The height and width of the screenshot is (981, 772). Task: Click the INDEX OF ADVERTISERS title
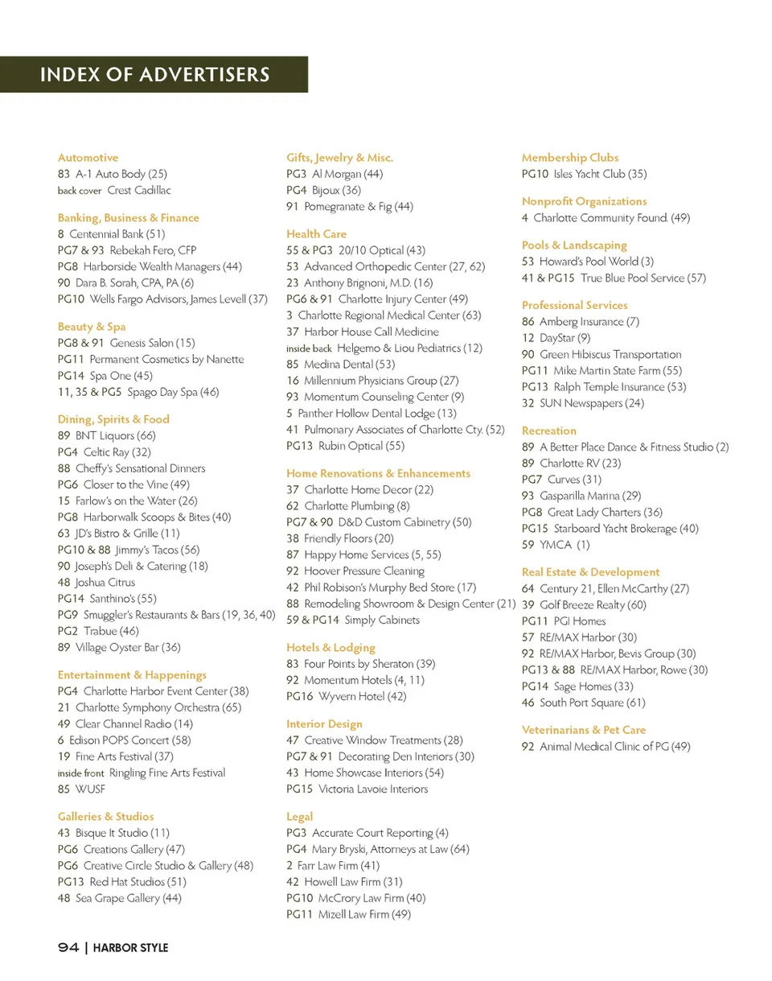point(154,75)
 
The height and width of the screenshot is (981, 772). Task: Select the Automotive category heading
point(88,158)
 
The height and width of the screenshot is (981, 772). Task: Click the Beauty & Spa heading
point(92,327)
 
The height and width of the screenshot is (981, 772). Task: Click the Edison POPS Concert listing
point(125,740)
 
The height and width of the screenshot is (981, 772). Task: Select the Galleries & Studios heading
point(105,816)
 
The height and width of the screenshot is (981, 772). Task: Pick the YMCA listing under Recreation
point(556,545)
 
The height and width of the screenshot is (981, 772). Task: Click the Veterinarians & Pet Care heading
point(584,730)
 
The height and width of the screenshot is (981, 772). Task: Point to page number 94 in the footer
point(68,948)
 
